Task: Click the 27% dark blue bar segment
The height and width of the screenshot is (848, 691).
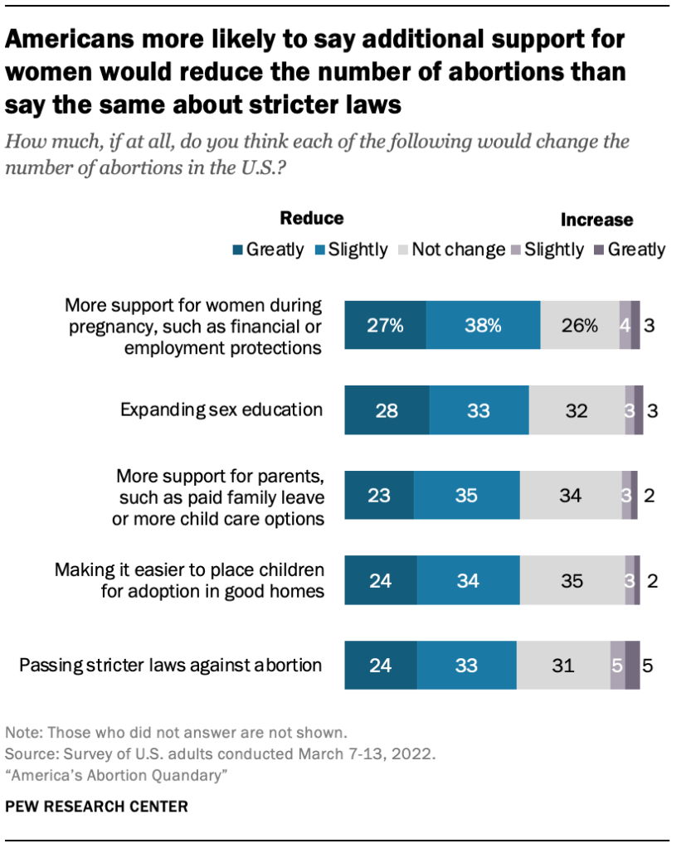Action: pos(385,325)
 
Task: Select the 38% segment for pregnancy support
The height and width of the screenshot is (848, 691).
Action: pos(483,325)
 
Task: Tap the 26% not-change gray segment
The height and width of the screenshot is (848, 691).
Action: pos(579,325)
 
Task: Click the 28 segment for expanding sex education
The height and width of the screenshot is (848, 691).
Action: pos(387,410)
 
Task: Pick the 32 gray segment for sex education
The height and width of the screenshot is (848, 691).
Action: pos(577,410)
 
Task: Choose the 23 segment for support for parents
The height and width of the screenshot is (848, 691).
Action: pos(379,496)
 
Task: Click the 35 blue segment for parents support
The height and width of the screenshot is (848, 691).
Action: pos(467,496)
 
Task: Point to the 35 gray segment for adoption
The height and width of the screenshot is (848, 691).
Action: pos(572,580)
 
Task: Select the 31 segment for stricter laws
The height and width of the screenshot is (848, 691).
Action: pos(562,665)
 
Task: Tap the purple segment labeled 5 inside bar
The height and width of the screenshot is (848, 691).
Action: pos(617,665)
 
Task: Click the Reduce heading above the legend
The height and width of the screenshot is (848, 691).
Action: pos(311,218)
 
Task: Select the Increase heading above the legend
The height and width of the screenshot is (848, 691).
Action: pos(596,220)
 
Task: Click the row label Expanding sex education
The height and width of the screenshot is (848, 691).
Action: pos(221,409)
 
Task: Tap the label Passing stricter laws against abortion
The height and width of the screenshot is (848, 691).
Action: pos(170,664)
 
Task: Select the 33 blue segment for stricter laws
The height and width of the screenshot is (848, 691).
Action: pos(466,665)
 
